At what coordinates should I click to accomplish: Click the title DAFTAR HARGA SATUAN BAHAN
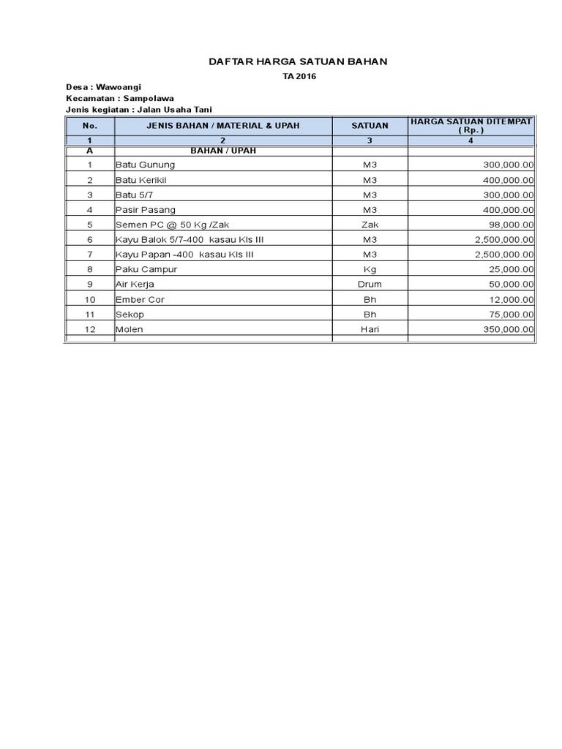298,61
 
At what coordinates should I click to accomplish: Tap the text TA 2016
299,76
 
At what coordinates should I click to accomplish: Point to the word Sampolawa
149,98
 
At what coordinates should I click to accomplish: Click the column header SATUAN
370,126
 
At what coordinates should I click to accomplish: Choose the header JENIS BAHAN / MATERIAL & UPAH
223,126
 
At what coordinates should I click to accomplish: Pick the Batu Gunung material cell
145,165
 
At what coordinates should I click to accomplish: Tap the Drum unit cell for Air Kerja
370,284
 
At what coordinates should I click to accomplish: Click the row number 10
90,299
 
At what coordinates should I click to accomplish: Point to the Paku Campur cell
146,269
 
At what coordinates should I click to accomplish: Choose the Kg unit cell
370,269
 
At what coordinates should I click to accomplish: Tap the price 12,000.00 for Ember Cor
511,299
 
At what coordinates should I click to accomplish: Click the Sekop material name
130,314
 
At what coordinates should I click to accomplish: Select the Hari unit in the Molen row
370,329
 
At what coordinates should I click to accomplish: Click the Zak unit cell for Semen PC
370,225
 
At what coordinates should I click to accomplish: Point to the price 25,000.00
511,269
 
